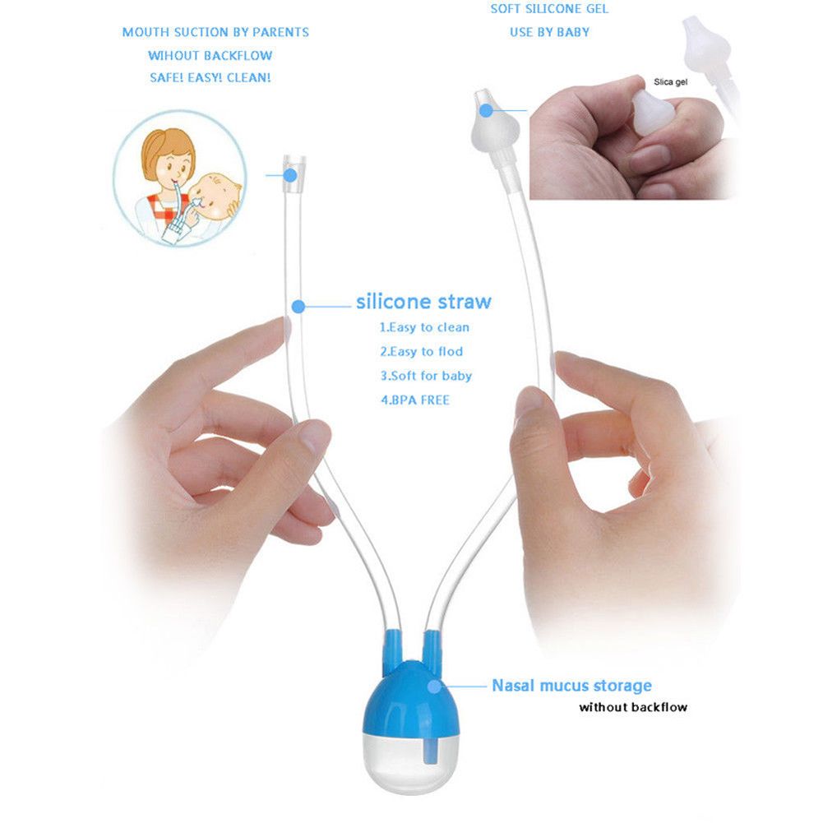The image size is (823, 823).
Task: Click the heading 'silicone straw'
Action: (423, 302)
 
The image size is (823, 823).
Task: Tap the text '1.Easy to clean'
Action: (424, 327)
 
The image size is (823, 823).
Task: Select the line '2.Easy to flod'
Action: (421, 352)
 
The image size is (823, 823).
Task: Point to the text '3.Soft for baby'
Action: (425, 376)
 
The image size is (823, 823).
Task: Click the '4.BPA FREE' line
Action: (414, 400)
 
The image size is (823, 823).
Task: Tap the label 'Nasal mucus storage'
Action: (571, 685)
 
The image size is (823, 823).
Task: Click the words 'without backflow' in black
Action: (632, 707)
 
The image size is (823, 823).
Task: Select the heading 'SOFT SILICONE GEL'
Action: (550, 10)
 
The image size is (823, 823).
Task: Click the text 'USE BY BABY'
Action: (549, 33)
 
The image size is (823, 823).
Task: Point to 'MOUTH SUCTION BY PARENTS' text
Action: (215, 32)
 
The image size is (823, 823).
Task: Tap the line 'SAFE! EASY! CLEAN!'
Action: (210, 77)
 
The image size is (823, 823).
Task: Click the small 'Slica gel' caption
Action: (670, 82)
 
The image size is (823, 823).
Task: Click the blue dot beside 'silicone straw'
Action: (298, 307)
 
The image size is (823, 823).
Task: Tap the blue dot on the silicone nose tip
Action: (486, 108)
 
